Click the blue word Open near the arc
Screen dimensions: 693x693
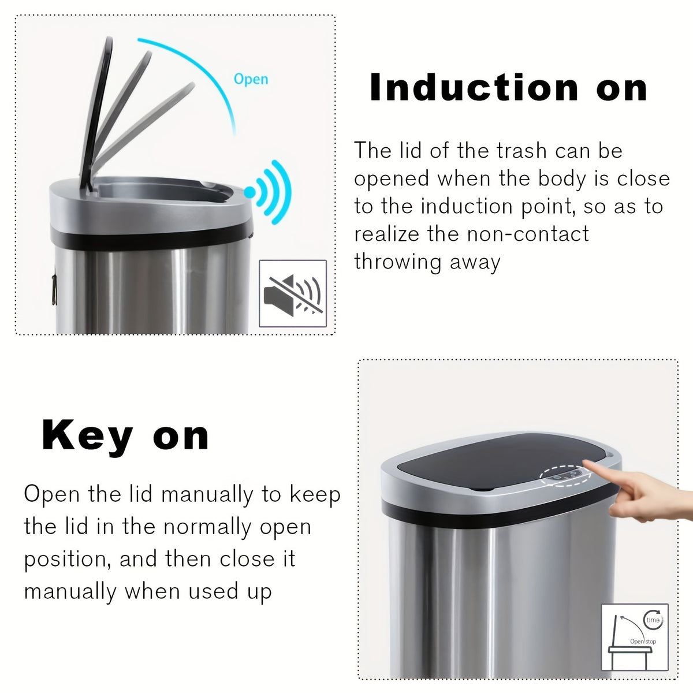pos(251,79)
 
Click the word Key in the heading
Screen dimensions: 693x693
pos(87,436)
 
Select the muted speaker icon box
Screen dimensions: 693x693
pos(293,294)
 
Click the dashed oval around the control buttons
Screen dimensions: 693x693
pos(566,476)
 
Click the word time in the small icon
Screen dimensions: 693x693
pos(653,620)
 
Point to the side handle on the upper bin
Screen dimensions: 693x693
pos(54,289)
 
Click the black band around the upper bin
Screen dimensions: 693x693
pos(150,239)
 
